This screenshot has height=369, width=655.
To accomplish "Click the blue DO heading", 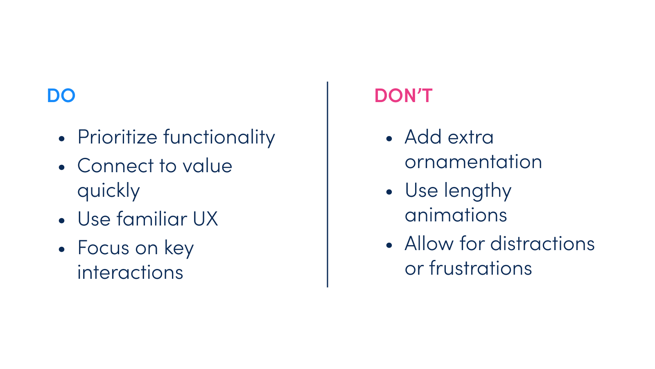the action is [x=61, y=96].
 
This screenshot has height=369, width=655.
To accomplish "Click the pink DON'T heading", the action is [x=403, y=96].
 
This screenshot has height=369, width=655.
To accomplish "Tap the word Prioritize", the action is [x=117, y=137].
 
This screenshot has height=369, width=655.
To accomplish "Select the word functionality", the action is [x=219, y=138].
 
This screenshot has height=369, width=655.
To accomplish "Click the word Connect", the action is [x=115, y=166].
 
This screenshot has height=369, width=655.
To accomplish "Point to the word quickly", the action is [x=109, y=191].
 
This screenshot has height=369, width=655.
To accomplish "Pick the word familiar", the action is [x=152, y=219].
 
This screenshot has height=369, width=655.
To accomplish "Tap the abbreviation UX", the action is [x=205, y=219].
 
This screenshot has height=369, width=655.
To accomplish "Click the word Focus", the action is [x=103, y=248].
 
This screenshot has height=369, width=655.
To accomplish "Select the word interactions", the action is [x=130, y=272].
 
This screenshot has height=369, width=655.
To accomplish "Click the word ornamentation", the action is [x=473, y=162].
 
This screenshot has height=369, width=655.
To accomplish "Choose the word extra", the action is [x=471, y=137].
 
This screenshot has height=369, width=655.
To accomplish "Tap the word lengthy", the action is [x=478, y=191].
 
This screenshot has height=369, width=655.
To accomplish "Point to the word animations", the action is [x=456, y=215].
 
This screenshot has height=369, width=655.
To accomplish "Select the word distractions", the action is [x=542, y=244].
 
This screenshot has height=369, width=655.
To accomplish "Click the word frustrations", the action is [x=481, y=268].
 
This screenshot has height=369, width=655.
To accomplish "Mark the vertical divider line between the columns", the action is [x=327, y=184].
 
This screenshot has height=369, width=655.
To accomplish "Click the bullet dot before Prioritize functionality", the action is [x=61, y=139].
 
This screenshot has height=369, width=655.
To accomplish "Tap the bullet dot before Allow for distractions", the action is [x=389, y=245].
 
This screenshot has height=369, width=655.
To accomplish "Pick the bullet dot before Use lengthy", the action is [x=389, y=192].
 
